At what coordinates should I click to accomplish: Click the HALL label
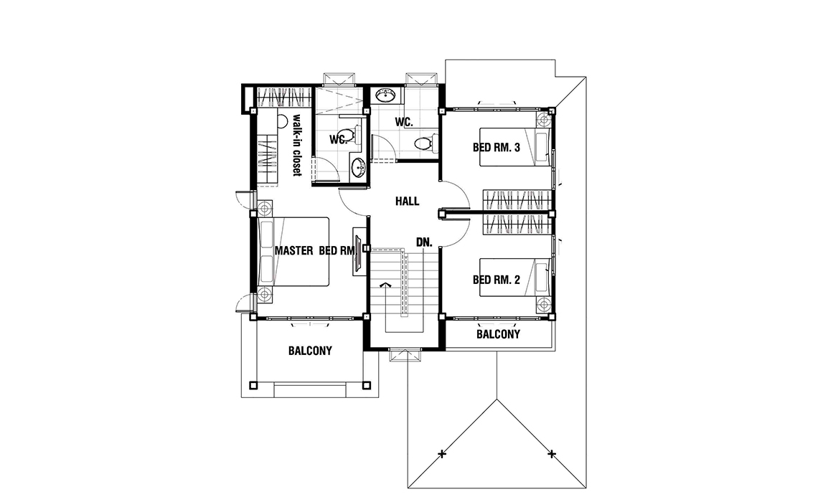pyautogui.click(x=407, y=202)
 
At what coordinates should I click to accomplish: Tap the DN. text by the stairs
pyautogui.click(x=424, y=242)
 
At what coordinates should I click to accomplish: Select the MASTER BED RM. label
pyautogui.click(x=315, y=251)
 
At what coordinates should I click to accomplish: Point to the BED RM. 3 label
pyautogui.click(x=496, y=148)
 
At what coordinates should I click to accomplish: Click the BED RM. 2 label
pyautogui.click(x=496, y=280)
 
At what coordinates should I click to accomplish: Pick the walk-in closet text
pyautogui.click(x=297, y=145)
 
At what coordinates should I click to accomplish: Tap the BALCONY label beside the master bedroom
pyautogui.click(x=310, y=351)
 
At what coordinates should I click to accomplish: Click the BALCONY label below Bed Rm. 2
pyautogui.click(x=498, y=334)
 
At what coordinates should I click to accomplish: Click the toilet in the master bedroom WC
pyautogui.click(x=354, y=135)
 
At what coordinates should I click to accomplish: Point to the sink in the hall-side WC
pyautogui.click(x=386, y=95)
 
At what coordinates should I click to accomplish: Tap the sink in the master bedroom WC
pyautogui.click(x=358, y=168)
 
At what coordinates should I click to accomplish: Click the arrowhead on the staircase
pyautogui.click(x=385, y=285)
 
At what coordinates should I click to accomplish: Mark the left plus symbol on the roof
pyautogui.click(x=442, y=454)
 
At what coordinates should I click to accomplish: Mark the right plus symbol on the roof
pyautogui.click(x=551, y=454)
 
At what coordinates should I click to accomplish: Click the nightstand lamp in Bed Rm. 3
pyautogui.click(x=544, y=120)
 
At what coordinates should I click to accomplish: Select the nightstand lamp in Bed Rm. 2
pyautogui.click(x=544, y=305)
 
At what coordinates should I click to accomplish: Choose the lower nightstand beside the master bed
pyautogui.click(x=265, y=295)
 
